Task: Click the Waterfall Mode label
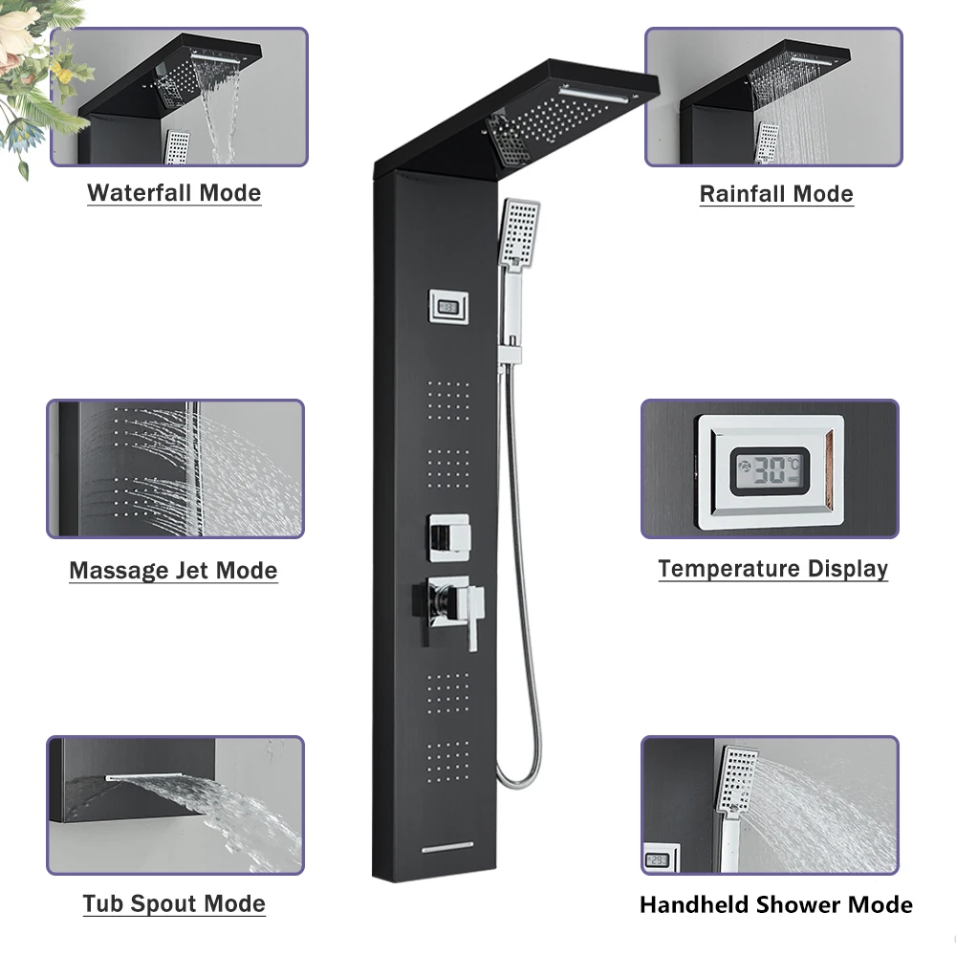174,192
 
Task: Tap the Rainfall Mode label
775,193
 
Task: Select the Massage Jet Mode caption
173,571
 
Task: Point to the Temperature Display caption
772,569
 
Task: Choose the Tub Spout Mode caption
173,903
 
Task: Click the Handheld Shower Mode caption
775,903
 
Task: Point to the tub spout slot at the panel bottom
448,848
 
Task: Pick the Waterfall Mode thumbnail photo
179,97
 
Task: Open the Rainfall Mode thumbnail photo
772,97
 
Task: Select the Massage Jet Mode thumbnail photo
175,468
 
